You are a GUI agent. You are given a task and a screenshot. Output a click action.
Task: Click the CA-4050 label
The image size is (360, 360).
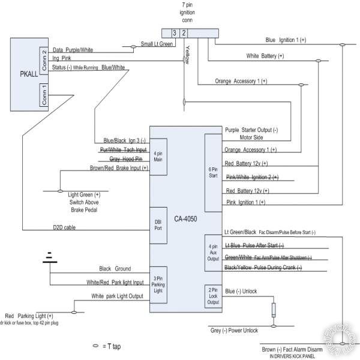tap(185, 220)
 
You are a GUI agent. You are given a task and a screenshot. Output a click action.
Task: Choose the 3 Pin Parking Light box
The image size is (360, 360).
tap(158, 284)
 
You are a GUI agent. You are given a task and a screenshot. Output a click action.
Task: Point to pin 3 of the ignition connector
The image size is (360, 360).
tap(173, 32)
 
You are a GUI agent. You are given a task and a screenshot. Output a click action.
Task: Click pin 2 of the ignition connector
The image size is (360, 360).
tap(184, 32)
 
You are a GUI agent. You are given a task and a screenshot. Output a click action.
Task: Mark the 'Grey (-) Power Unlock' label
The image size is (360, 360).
tap(233, 330)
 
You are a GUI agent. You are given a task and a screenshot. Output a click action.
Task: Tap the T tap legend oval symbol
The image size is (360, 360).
tap(94, 347)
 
